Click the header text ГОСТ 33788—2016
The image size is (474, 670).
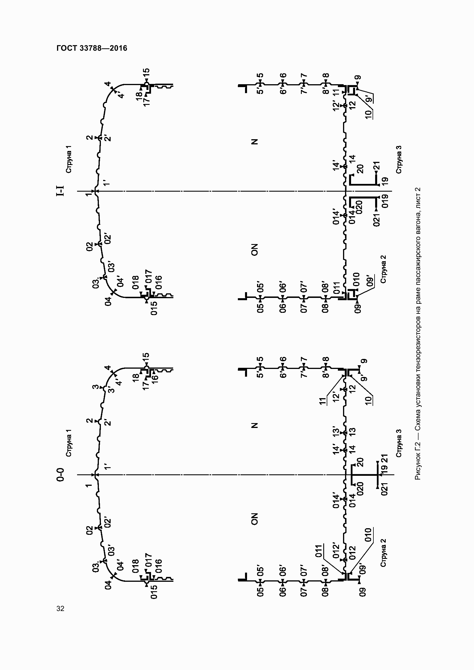coord(92,48)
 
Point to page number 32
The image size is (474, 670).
coord(60,608)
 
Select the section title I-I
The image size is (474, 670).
coord(60,191)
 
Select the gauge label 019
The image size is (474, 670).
coord(385,201)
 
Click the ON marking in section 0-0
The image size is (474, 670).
coord(254,519)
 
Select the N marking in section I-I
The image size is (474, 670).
coord(254,142)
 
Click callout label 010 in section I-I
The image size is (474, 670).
coord(357,279)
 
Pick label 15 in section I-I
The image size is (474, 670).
coord(146,72)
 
